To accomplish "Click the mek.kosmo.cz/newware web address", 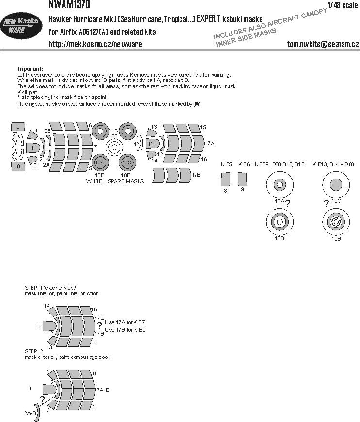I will [x=95, y=44].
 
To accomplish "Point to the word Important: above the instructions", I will [x=30, y=69].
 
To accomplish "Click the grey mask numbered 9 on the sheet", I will [x=17, y=126].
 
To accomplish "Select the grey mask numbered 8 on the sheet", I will [x=17, y=166].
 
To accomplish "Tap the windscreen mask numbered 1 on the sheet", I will [x=32, y=147].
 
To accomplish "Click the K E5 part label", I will [x=226, y=165].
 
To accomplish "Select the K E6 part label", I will [x=244, y=165].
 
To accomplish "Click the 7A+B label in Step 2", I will [x=103, y=390].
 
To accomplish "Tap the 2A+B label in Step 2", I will [x=31, y=413].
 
